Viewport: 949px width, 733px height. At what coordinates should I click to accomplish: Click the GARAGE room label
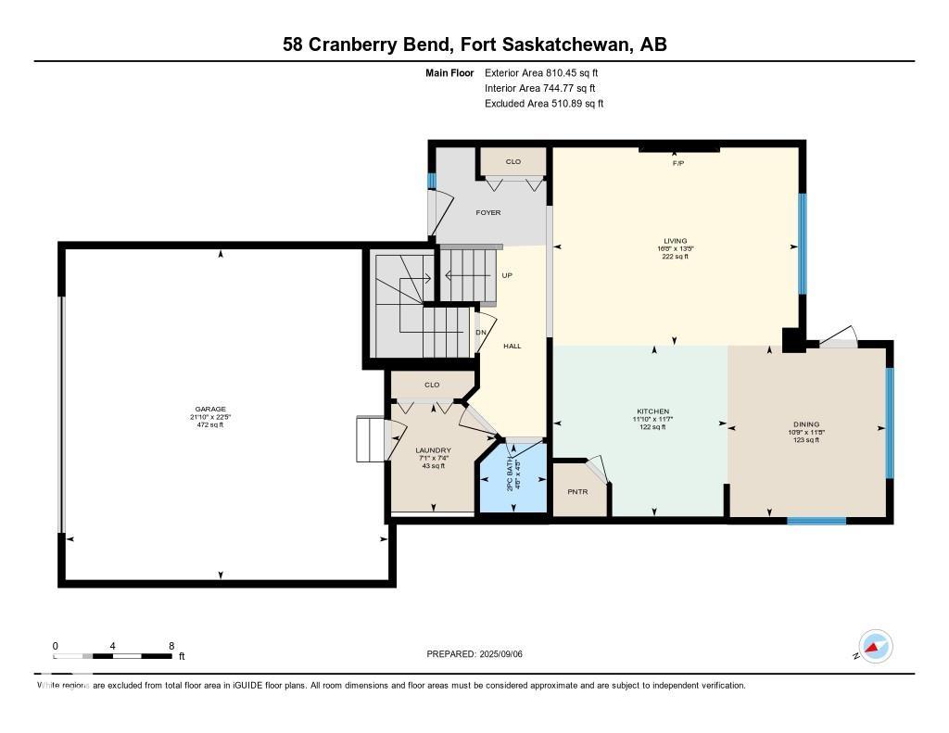point(210,410)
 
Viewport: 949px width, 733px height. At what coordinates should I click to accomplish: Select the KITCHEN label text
point(652,411)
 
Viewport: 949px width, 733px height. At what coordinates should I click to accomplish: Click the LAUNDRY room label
point(433,450)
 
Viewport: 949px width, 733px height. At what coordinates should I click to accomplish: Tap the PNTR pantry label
point(578,491)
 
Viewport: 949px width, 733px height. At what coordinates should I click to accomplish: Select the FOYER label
point(488,213)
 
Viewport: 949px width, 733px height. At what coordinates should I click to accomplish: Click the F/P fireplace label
point(678,163)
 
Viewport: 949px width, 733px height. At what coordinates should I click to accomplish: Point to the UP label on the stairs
point(507,275)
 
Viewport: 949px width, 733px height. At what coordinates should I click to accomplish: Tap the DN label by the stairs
point(481,333)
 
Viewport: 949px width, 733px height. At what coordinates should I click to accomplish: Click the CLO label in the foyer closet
point(512,162)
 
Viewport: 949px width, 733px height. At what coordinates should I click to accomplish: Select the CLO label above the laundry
point(432,385)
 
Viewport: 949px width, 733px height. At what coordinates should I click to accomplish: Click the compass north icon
point(874,646)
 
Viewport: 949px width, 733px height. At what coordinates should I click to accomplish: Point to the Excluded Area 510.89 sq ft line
point(544,104)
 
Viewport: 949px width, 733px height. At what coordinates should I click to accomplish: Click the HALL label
point(512,346)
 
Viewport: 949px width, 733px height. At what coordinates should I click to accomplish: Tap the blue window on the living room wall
point(803,247)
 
